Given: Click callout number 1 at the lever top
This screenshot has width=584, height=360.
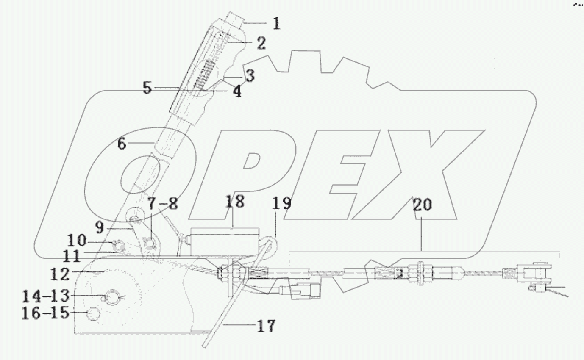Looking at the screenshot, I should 276,23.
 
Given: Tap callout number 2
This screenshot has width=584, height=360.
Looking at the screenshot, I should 261,43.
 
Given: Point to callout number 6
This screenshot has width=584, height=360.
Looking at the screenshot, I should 122,144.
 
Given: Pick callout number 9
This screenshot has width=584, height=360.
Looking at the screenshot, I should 99,228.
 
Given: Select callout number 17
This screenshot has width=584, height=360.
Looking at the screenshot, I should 265,326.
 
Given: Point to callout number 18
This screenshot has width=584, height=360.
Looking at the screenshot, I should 235,201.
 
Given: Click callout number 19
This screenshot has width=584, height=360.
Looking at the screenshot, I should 282,204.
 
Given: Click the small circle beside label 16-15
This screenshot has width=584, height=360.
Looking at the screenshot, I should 93,315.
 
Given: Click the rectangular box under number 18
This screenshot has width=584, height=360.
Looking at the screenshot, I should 224,241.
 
